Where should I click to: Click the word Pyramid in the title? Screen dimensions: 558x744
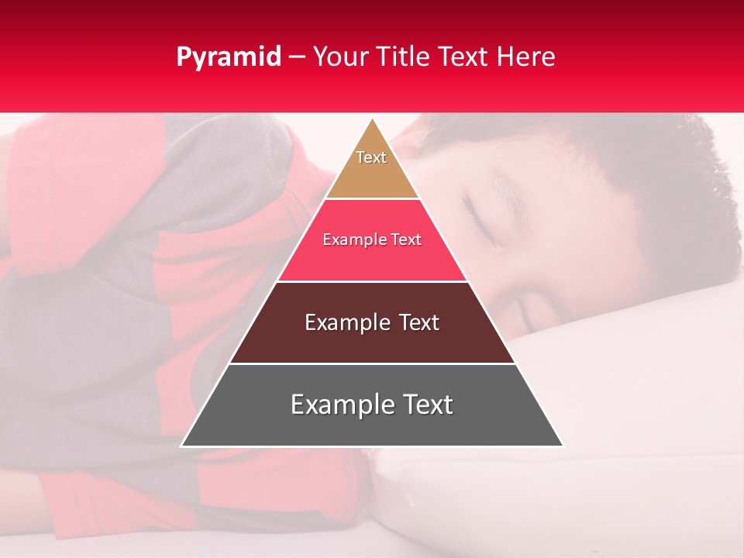point(229,57)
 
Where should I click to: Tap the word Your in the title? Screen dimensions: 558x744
point(341,57)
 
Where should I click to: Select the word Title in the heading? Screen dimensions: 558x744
point(402,57)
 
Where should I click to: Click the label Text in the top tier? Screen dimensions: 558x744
point(371,157)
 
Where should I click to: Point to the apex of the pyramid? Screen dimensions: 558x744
point(372,120)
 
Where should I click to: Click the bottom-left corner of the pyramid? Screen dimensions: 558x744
point(182,446)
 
